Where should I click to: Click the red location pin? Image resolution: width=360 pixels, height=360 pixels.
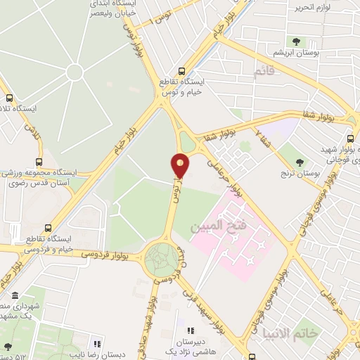[181, 166]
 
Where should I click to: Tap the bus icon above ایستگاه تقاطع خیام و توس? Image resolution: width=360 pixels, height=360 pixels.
[182, 71]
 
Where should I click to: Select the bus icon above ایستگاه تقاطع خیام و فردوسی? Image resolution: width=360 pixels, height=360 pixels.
[48, 228]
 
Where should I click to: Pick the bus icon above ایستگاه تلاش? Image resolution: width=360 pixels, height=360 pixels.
[9, 98]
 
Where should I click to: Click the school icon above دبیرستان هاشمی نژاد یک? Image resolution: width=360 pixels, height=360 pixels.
[188, 330]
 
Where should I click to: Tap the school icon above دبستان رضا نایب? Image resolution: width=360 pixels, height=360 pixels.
[98, 344]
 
